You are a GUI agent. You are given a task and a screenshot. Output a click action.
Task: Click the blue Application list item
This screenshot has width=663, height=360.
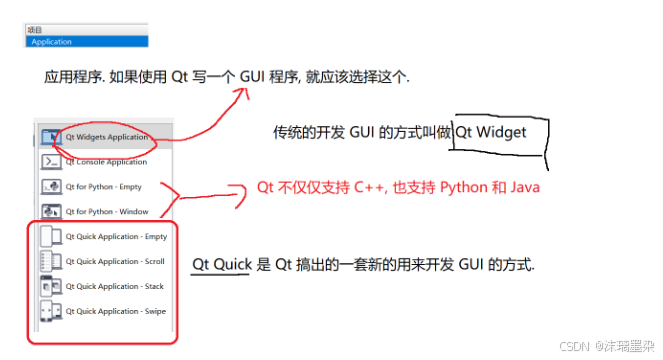tap(87, 41)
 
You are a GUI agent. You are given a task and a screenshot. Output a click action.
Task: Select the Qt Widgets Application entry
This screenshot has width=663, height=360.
tap(107, 137)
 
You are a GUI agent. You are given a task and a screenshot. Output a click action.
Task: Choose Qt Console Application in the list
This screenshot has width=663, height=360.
tap(106, 162)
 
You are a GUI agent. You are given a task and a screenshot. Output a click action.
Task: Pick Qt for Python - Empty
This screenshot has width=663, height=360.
tap(103, 187)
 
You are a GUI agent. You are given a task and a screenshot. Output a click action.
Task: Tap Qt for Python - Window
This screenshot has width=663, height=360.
tap(107, 212)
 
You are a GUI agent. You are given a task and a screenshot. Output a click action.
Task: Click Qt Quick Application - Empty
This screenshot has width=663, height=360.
tap(116, 236)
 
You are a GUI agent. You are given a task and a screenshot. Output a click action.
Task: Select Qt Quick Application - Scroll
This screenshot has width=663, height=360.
tap(115, 261)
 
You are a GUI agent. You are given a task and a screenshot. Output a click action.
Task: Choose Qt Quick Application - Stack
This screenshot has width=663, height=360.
tap(114, 286)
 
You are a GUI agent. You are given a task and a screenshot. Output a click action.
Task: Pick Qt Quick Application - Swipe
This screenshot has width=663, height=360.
tap(115, 311)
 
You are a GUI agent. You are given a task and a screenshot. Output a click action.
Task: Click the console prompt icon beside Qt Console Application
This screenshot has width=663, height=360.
tap(51, 162)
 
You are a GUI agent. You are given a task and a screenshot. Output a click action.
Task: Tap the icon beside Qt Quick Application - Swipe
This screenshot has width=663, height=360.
tap(51, 311)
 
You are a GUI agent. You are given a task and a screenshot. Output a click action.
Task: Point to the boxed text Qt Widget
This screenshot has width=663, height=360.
tap(490, 132)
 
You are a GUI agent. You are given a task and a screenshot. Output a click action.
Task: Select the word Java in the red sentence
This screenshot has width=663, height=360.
tap(525, 187)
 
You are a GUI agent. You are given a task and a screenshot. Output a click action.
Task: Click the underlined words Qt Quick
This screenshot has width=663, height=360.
tap(222, 265)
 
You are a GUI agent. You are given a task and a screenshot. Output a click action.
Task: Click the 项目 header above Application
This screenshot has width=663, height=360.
tap(35, 30)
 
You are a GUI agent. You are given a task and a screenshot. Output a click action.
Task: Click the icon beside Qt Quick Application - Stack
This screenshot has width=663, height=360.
tap(51, 286)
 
